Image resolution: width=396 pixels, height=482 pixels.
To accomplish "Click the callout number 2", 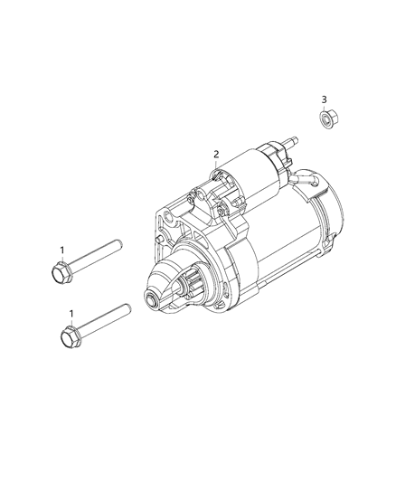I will point(216,154).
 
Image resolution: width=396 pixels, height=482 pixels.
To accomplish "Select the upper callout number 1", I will point(62,250).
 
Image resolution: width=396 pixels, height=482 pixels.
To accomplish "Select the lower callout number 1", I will point(71,314).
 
